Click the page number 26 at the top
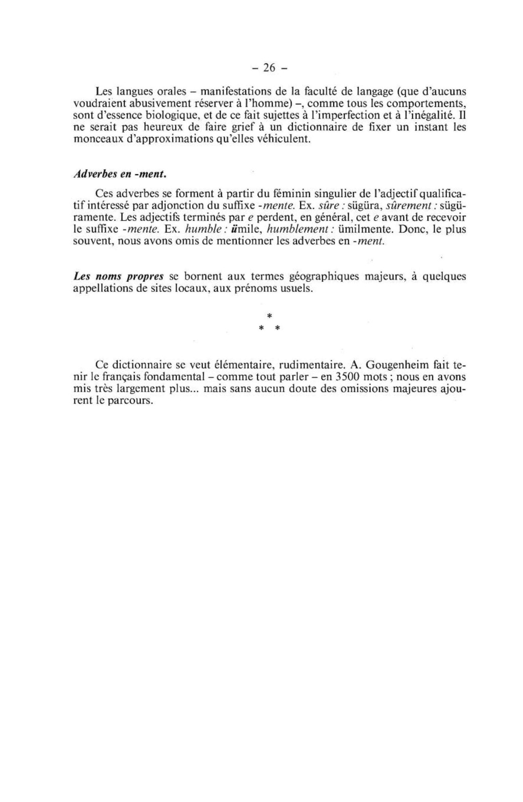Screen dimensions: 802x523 pos(269,67)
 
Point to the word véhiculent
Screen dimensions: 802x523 pos(283,139)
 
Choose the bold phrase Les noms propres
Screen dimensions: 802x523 pos(118,277)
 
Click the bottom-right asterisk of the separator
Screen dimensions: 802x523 pos(277,329)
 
